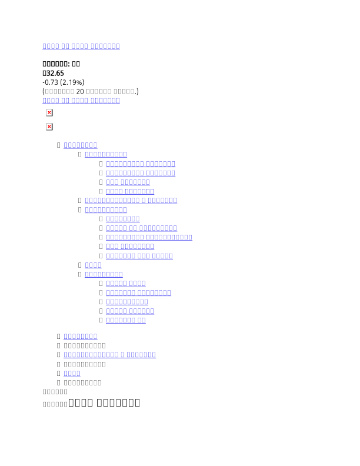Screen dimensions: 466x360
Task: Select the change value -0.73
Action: pyautogui.click(x=50, y=82)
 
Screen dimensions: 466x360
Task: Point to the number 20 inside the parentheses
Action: pyautogui.click(x=81, y=92)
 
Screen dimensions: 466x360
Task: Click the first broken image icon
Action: pyautogui.click(x=49, y=112)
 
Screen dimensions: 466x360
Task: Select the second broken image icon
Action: pyautogui.click(x=49, y=127)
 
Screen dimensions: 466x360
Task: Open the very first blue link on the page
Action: pyautogui.click(x=81, y=46)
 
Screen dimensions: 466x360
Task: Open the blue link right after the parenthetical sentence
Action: pyautogui.click(x=81, y=101)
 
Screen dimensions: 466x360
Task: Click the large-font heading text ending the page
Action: pyautogui.click(x=104, y=403)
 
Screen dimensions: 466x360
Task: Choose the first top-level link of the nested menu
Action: pyautogui.click(x=80, y=145)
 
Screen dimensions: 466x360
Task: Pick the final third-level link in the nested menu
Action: pyautogui.click(x=125, y=320)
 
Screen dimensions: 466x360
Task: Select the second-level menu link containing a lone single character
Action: pyautogui.click(x=131, y=201)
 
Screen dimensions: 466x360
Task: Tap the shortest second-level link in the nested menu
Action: pyautogui.click(x=93, y=265)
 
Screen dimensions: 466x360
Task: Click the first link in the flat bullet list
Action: pyautogui.click(x=80, y=336)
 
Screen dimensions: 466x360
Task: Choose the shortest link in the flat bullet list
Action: pyautogui.click(x=72, y=374)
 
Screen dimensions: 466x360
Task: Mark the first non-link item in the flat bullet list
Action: pyautogui.click(x=85, y=345)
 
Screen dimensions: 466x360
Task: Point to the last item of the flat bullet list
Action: pyautogui.click(x=82, y=383)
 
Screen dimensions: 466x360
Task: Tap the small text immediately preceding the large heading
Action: pyautogui.click(x=55, y=405)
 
